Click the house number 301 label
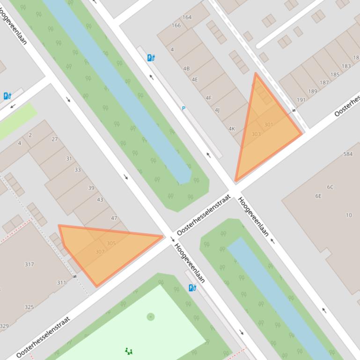pos(268,125)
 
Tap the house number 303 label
pos(256,134)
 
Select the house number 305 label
pos(111,243)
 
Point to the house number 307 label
pos(100,252)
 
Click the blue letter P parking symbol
pos(184,108)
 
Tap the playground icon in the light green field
pos(129,351)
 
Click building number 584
pos(348,154)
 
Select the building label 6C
pos(330,187)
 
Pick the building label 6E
pos(318,196)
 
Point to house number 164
pos(187,17)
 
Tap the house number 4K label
pos(232,129)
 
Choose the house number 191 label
pos(301,100)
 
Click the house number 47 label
pos(114,218)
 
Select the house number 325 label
pos(29,307)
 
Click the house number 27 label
pos(55,139)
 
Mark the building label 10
pos(349,215)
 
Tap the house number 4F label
pos(209,98)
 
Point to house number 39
pos(91,188)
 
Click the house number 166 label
pos(176,25)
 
